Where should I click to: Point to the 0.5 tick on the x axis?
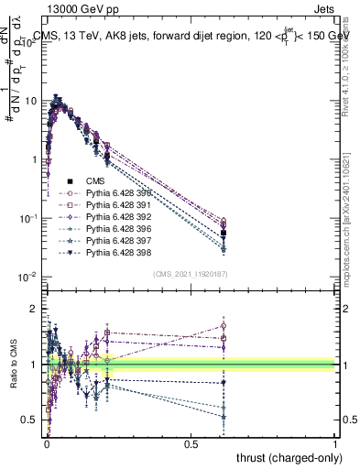coord(191,443)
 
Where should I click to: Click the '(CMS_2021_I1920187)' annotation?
coord(191,274)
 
